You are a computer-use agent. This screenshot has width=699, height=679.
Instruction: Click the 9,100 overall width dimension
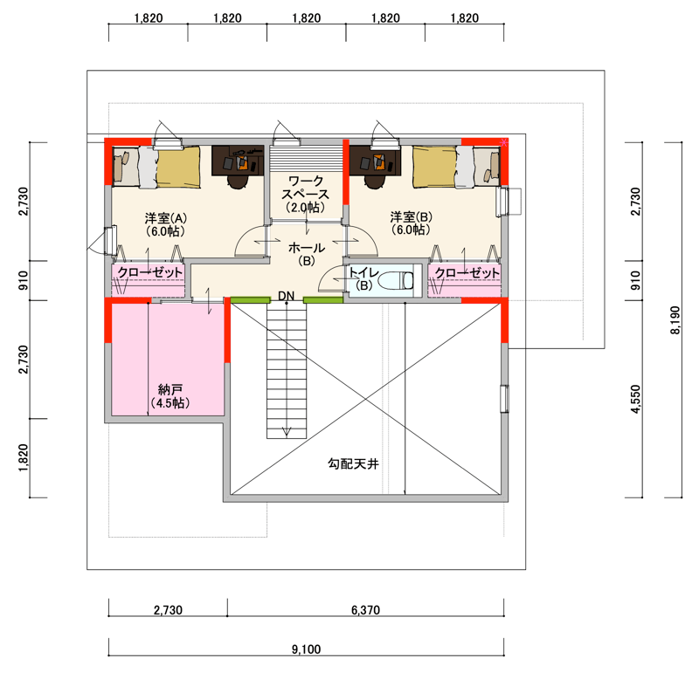307,649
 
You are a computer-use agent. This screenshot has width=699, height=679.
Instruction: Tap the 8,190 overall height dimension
675,320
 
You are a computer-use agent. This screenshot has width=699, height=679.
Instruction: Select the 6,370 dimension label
365,610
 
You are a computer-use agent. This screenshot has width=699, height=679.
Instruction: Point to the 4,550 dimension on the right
636,399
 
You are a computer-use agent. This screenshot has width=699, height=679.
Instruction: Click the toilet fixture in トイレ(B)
396,280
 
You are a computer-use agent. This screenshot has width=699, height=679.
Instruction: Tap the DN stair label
287,296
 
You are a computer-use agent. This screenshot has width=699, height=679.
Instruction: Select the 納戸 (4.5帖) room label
170,396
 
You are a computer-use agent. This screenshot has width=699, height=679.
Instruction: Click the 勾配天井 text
354,464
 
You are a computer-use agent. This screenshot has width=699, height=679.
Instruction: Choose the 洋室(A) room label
165,218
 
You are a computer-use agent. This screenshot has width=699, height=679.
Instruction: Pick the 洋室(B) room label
411,216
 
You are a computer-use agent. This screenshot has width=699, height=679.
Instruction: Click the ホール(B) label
307,254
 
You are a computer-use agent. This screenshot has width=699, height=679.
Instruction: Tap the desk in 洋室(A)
238,161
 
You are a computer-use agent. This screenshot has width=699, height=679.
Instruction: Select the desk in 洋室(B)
375,161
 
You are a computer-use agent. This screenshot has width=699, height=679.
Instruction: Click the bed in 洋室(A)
156,167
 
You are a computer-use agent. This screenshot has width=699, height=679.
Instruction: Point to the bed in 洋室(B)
457,167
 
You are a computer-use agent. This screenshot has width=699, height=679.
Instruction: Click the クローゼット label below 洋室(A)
149,272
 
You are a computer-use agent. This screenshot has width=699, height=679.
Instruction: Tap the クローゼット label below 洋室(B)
467,272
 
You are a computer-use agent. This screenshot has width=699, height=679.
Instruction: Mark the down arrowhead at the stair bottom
287,431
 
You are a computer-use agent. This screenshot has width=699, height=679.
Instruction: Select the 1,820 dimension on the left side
24,458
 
